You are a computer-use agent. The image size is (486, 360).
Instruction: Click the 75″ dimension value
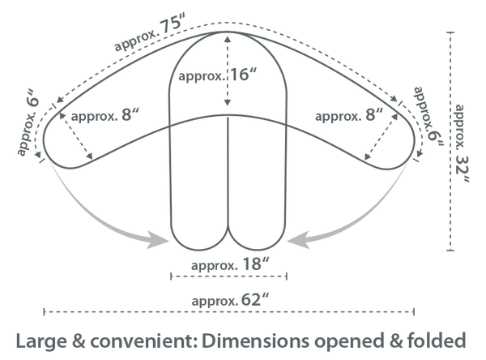point(173,25)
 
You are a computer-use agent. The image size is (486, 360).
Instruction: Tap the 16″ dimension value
point(244,75)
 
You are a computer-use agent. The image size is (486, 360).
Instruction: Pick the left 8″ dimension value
point(130,115)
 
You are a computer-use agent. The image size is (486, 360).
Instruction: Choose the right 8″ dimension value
point(374,115)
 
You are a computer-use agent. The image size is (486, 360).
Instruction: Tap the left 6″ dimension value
point(34,98)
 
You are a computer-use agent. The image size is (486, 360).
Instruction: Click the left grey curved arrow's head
point(157,240)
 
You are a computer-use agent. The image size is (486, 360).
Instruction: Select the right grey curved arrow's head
point(299,240)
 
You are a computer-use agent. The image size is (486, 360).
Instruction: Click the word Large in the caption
point(41,341)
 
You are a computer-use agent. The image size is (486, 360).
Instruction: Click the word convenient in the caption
point(145,341)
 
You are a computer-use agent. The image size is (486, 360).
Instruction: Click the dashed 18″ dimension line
point(228,276)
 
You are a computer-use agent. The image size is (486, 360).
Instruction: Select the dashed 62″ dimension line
point(228,311)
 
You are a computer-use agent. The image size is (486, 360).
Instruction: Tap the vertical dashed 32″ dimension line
point(450,141)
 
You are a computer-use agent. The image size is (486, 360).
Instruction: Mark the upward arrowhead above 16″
point(228,40)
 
